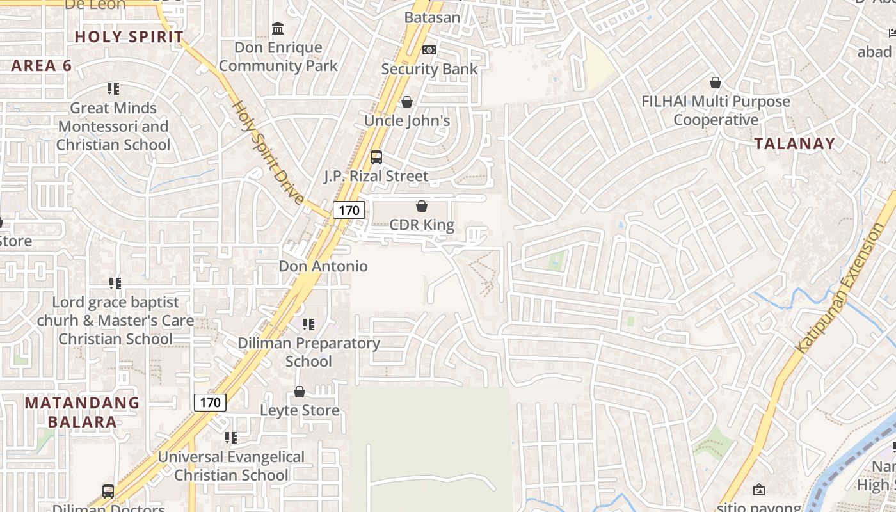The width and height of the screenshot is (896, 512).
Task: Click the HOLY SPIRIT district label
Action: pyautogui.click(x=129, y=36)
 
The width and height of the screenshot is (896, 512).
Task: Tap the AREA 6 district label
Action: pyautogui.click(x=42, y=65)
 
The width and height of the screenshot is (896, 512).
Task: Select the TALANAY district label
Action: pyautogui.click(x=795, y=143)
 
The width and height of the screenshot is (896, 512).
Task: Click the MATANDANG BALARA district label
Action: pyautogui.click(x=82, y=412)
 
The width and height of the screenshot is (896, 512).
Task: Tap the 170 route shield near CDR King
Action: pyautogui.click(x=349, y=209)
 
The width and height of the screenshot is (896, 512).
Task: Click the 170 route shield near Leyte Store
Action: pyautogui.click(x=210, y=403)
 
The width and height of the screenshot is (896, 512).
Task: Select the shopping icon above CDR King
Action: pyautogui.click(x=422, y=206)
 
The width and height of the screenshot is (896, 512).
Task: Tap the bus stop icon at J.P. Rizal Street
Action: pyautogui.click(x=376, y=157)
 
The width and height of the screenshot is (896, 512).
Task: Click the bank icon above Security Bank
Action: pyautogui.click(x=429, y=50)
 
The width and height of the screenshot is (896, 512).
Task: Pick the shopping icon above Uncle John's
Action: pyautogui.click(x=407, y=102)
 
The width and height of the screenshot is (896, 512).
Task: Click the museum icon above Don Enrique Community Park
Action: pyautogui.click(x=278, y=29)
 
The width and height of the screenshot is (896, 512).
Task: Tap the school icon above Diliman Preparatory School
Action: pyautogui.click(x=308, y=324)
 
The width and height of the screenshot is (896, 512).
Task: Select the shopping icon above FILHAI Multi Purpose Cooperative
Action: pyautogui.click(x=716, y=83)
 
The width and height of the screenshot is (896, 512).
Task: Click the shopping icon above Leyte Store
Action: pyautogui.click(x=300, y=392)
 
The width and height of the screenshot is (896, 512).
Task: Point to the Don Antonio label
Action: pyautogui.click(x=323, y=266)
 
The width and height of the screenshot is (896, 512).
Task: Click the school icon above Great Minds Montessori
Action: pyautogui.click(x=113, y=89)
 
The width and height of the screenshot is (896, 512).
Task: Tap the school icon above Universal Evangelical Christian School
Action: pyautogui.click(x=231, y=438)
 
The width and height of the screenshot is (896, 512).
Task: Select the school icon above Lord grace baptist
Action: pyautogui.click(x=115, y=283)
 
